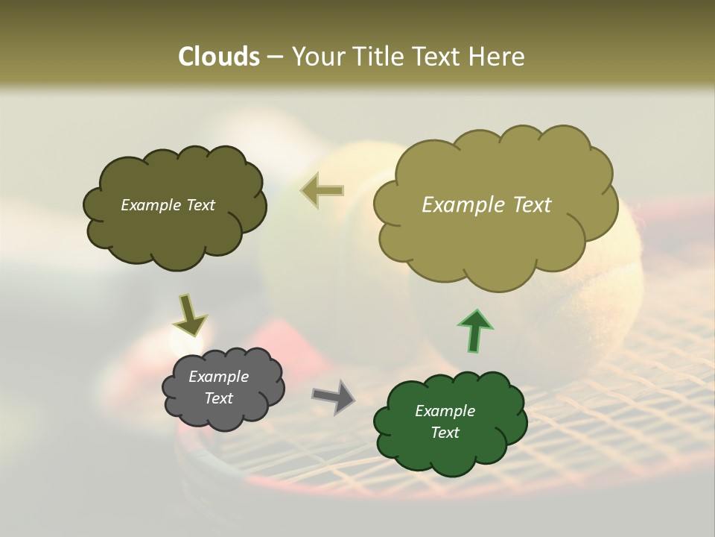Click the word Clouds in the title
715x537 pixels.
[x=218, y=57]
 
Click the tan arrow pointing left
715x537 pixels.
[x=322, y=190]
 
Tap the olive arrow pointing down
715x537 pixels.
[x=190, y=315]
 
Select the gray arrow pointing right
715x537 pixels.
[x=333, y=396]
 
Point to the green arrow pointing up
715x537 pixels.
[x=474, y=329]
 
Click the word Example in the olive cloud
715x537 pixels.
[x=150, y=205]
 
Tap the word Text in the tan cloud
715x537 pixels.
[x=527, y=205]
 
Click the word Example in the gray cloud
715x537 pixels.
[x=218, y=377]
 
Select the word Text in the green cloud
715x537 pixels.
[x=445, y=433]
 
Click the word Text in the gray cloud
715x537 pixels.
[x=218, y=398]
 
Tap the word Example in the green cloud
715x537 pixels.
[x=445, y=412]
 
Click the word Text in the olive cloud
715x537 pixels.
[x=199, y=205]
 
